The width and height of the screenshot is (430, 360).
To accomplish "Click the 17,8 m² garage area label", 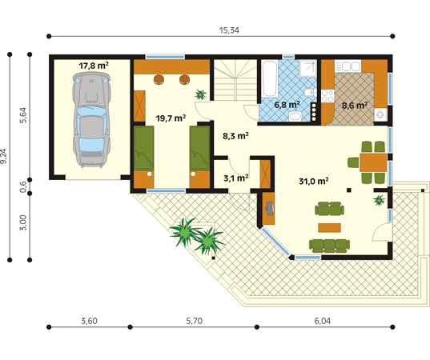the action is click(94, 66).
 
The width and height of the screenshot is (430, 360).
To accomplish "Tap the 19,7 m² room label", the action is click(171, 118).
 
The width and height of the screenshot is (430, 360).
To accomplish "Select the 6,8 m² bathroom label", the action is click(287, 105).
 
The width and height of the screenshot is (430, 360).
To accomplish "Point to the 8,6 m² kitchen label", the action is click(355, 106).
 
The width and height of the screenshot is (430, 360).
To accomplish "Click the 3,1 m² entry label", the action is click(236, 178).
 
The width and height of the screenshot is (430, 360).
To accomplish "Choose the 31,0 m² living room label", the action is click(314, 181).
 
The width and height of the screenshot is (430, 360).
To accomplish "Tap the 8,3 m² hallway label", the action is click(235, 136).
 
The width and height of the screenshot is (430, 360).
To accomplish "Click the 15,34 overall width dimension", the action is click(229, 30).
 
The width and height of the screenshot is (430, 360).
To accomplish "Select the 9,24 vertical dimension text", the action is click(3, 157).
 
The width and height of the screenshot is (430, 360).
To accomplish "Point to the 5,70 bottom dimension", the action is click(194, 321).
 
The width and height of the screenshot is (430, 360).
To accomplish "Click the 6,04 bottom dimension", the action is click(322, 321).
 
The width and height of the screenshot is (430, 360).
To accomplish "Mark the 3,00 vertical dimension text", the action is click(23, 222).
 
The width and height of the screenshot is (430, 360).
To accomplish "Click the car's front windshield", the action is click(91, 112).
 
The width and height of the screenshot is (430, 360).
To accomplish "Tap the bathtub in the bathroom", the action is click(269, 78).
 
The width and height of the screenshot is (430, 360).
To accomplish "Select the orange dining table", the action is click(373, 162).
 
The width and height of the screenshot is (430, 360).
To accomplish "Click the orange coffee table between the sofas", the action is click(329, 228).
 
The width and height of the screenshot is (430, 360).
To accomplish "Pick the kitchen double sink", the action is click(348, 66).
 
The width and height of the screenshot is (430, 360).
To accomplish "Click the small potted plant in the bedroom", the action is click(200, 94).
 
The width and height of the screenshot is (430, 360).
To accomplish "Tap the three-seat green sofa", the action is click(329, 246).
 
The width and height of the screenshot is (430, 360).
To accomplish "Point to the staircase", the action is click(235, 80).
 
